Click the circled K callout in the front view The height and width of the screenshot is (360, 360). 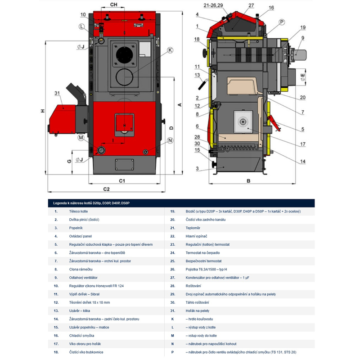pos(170,50)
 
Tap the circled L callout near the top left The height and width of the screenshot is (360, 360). pos(81,27)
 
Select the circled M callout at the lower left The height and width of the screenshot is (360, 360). pos(81,137)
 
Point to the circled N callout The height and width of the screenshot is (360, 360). pos(170,140)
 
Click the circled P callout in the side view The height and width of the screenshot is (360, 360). pos(282,22)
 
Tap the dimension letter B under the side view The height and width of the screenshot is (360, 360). pos(248,182)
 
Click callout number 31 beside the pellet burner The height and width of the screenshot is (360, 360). pos(57,93)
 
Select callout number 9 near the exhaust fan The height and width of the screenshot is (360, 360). pos(303,38)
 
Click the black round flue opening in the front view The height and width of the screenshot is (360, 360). pos(122,56)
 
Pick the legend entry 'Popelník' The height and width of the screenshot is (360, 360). pos(76,228)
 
